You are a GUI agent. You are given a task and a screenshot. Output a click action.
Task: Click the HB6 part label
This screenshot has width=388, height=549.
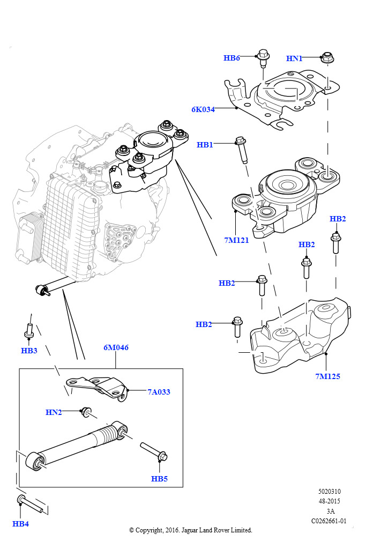[232, 58]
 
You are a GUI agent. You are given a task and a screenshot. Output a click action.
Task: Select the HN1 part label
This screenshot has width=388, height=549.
[294, 58]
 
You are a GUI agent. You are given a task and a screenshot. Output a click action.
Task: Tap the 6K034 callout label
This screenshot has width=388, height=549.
[203, 109]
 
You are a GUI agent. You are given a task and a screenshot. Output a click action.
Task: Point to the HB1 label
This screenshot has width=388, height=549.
[205, 145]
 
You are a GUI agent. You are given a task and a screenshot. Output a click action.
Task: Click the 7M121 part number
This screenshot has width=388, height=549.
[236, 240]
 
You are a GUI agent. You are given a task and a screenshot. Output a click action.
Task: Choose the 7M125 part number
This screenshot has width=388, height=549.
[327, 376]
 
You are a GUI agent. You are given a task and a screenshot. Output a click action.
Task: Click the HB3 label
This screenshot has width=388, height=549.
[29, 351]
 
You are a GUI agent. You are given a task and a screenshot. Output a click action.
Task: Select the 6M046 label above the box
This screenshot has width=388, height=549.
[116, 347]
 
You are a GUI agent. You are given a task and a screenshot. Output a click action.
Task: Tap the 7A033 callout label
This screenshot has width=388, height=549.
[159, 392]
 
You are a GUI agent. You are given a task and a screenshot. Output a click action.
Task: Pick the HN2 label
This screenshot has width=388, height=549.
[54, 412]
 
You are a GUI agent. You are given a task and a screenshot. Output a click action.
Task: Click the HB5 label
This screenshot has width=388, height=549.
[159, 478]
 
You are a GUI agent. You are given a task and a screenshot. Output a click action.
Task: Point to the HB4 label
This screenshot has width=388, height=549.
[20, 524]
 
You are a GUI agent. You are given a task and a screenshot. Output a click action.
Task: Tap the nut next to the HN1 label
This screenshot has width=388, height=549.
[326, 57]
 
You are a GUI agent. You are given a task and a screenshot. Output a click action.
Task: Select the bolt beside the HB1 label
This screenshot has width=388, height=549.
[242, 150]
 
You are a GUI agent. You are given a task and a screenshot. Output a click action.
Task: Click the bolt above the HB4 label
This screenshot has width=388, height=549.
[29, 503]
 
